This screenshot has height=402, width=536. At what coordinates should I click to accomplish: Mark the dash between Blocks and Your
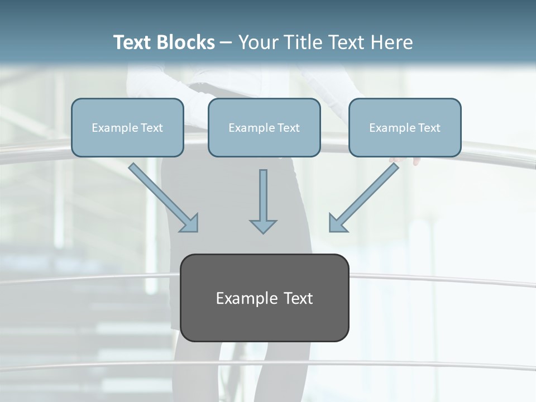click(226, 43)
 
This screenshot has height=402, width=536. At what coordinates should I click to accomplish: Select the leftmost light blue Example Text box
click(127, 127)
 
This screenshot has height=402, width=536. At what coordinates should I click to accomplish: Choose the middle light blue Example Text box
click(264, 127)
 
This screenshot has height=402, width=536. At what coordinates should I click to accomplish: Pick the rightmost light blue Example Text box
click(405, 127)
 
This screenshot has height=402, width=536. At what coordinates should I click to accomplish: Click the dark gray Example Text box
click(265, 298)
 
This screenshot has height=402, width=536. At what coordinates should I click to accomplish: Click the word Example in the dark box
click(242, 298)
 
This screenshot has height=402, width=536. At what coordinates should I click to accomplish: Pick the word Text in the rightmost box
click(428, 128)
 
